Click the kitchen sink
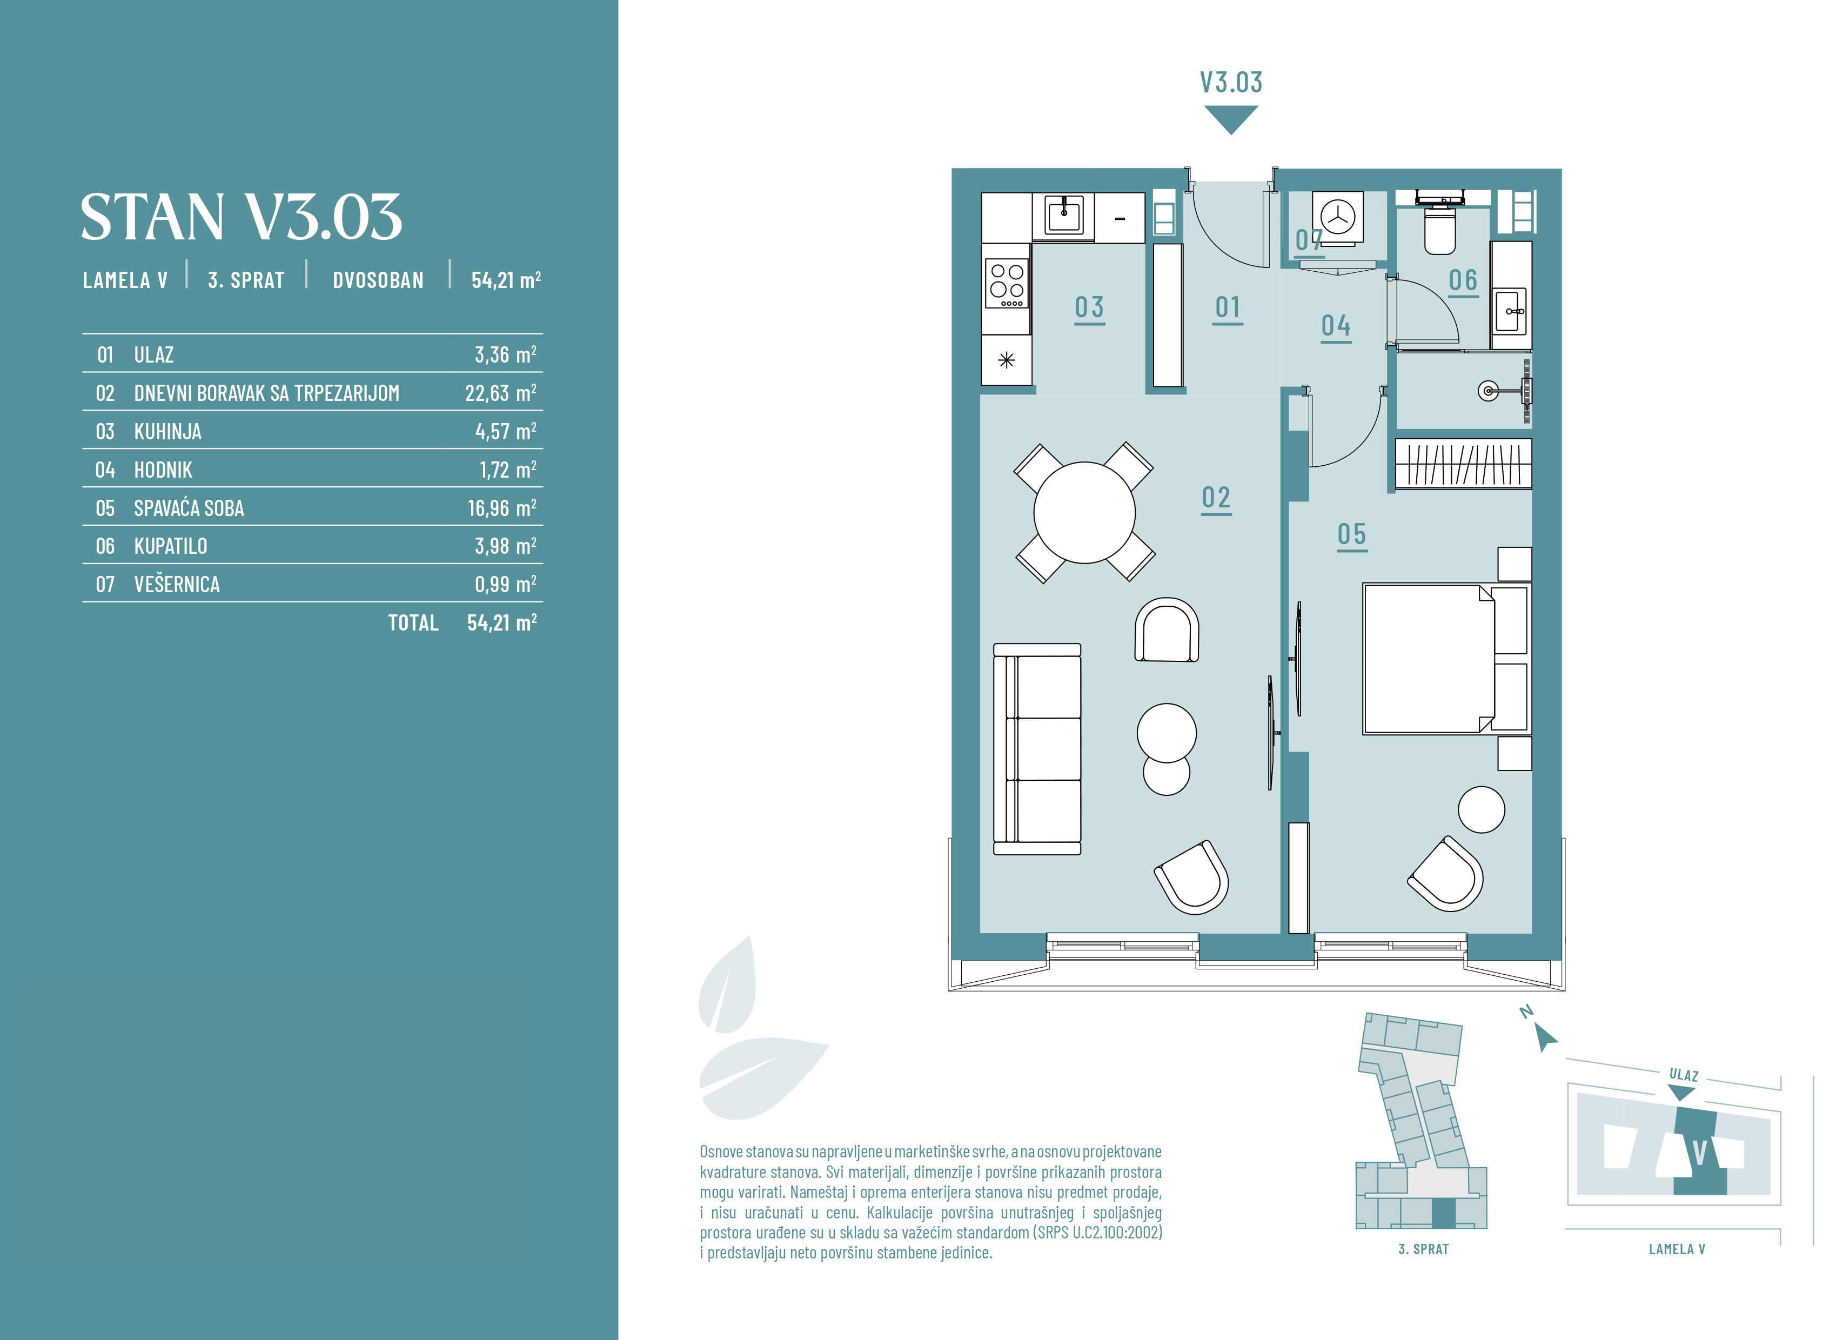click(x=1063, y=216)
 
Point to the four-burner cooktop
click(x=1007, y=283)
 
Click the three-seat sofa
click(x=1037, y=749)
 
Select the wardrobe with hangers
click(x=1463, y=464)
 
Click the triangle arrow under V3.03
click(x=1231, y=118)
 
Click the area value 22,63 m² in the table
click(x=500, y=393)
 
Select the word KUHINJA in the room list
click(x=168, y=432)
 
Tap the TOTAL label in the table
click(x=413, y=623)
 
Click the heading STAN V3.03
click(x=241, y=217)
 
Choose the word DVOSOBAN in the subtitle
click(x=378, y=280)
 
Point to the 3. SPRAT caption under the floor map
click(x=1423, y=1249)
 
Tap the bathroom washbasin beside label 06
click(x=1510, y=310)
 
